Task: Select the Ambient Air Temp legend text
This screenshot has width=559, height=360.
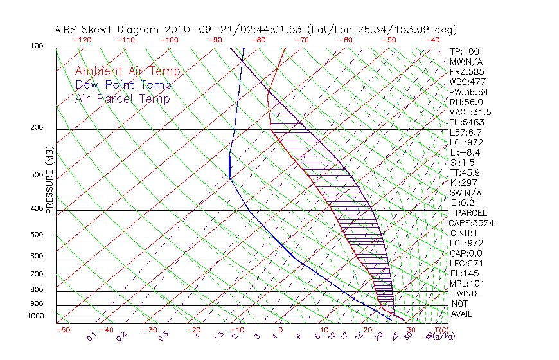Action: click(127, 71)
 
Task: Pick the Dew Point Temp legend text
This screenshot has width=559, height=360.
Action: click(123, 85)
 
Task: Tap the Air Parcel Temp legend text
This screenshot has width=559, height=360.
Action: click(123, 98)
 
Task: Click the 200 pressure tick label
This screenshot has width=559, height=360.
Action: click(37, 128)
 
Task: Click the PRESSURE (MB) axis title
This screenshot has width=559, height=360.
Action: click(50, 180)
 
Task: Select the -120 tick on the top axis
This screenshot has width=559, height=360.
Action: click(82, 40)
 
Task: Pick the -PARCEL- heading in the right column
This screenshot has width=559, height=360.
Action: click(471, 213)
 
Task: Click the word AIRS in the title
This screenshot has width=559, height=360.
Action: click(67, 30)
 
